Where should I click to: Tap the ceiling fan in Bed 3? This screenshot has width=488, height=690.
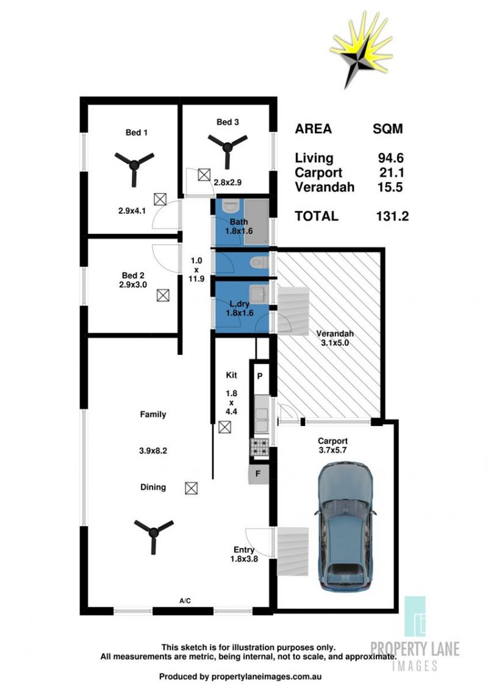(228, 147)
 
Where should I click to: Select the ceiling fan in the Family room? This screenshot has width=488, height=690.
(153, 533)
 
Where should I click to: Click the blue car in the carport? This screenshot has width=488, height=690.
(346, 526)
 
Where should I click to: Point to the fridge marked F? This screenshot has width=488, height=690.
(259, 474)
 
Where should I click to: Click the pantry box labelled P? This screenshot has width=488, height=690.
(260, 376)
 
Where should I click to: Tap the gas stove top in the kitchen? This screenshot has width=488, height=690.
(259, 447)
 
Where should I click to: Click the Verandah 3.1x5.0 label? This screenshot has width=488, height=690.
(335, 338)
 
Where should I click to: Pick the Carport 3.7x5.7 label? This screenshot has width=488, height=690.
(332, 446)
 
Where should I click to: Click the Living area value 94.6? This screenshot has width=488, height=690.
(390, 158)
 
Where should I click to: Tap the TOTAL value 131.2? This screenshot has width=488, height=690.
(392, 216)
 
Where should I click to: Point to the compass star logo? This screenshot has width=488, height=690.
(361, 49)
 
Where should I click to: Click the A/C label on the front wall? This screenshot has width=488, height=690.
(185, 600)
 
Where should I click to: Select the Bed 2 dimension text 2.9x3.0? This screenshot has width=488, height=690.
(133, 285)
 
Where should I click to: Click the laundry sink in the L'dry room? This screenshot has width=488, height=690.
(259, 292)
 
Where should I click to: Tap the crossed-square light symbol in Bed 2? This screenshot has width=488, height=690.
(163, 295)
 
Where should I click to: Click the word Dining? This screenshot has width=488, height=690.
(153, 487)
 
